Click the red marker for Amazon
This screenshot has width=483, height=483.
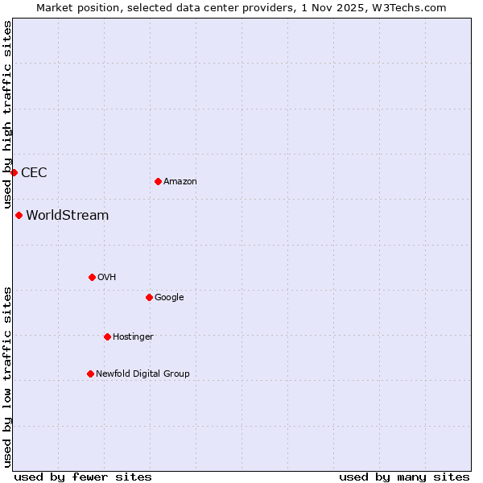(158, 181)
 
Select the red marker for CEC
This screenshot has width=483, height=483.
(14, 172)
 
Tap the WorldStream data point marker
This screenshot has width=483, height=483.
(19, 215)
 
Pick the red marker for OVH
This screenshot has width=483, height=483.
(92, 277)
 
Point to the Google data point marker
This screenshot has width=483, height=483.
(149, 297)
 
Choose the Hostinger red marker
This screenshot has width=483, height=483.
(107, 336)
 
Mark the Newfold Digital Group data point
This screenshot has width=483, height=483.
(90, 374)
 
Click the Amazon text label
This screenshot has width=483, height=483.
(180, 181)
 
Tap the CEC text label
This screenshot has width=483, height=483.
(34, 172)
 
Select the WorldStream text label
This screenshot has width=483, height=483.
(68, 215)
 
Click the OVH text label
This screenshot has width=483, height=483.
(107, 277)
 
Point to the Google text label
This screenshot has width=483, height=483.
(169, 297)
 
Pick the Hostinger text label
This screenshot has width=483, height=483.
(133, 336)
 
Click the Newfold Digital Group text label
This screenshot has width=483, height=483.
(142, 374)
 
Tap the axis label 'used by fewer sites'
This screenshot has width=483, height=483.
(83, 477)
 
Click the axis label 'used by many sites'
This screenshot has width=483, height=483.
(404, 477)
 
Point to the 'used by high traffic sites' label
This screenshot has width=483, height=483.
(7, 115)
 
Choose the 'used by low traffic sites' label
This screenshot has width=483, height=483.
(7, 376)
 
